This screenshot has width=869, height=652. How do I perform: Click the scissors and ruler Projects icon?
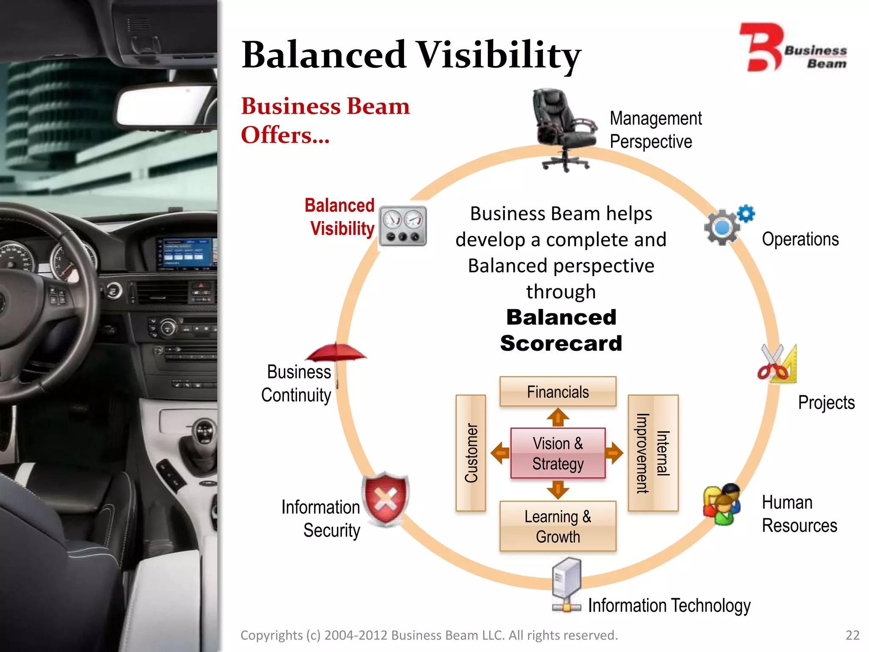[x=778, y=364]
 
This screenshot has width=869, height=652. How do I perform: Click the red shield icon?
[x=385, y=499]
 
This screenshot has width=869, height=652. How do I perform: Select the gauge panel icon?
[x=402, y=226]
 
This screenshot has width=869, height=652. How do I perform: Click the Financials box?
[x=558, y=391]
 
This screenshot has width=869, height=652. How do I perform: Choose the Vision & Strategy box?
[x=558, y=453]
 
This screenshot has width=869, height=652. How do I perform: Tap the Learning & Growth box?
[x=558, y=526]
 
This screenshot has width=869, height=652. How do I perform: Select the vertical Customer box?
[x=471, y=452]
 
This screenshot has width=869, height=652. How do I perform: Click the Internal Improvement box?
[x=653, y=452]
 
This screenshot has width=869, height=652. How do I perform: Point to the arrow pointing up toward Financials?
[x=558, y=417]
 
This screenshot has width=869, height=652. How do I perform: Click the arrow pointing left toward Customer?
[x=500, y=453]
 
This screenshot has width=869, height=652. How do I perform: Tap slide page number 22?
[x=852, y=635]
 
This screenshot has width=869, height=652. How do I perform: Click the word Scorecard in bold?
[x=561, y=343]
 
